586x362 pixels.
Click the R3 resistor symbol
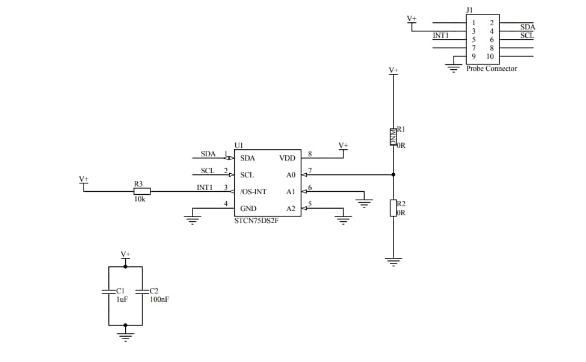tap(141, 192)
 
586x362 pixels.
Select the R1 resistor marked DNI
tap(393, 137)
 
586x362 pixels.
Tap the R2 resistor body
tap(393, 208)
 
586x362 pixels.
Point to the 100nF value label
tap(159, 299)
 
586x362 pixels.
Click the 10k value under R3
tap(140, 199)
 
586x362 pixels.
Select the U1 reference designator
tap(239, 145)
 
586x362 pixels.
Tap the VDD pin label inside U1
tap(287, 158)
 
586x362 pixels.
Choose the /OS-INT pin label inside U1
tap(253, 192)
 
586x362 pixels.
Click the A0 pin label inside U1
tap(291, 175)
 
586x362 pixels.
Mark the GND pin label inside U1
tap(248, 209)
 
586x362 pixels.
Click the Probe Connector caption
tap(492, 69)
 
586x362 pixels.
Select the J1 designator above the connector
tap(470, 10)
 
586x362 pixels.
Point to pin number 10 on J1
tap(490, 57)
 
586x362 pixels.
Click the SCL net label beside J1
tap(527, 35)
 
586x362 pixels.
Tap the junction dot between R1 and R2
tap(393, 175)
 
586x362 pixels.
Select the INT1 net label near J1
tap(440, 35)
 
